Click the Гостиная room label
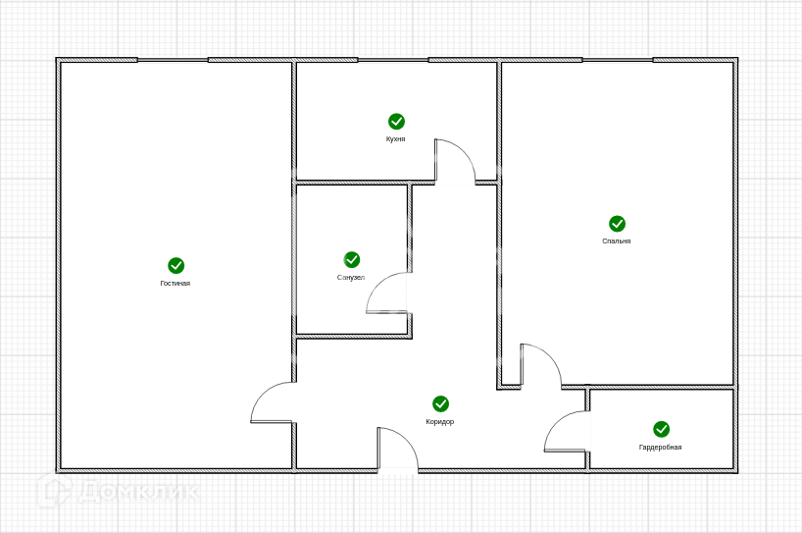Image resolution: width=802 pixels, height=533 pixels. [175, 284]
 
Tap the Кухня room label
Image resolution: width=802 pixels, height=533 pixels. [396, 139]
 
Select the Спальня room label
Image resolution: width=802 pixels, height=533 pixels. [617, 240]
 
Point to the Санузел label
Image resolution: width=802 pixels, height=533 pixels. [351, 278]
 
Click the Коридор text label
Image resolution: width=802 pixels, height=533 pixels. [440, 422]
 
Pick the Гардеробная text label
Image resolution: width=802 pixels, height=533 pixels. [661, 448]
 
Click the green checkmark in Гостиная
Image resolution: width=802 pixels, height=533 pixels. [176, 265]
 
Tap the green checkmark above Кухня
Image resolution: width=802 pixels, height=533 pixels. [396, 121]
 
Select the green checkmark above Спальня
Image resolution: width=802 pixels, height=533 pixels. [617, 224]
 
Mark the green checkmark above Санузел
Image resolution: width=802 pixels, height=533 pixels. [352, 259]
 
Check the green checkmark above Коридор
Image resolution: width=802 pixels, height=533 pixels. [441, 403]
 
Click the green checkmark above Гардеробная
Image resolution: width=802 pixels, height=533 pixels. [662, 429]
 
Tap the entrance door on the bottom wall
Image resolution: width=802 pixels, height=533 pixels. [398, 450]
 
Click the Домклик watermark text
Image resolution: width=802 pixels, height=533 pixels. [137, 491]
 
